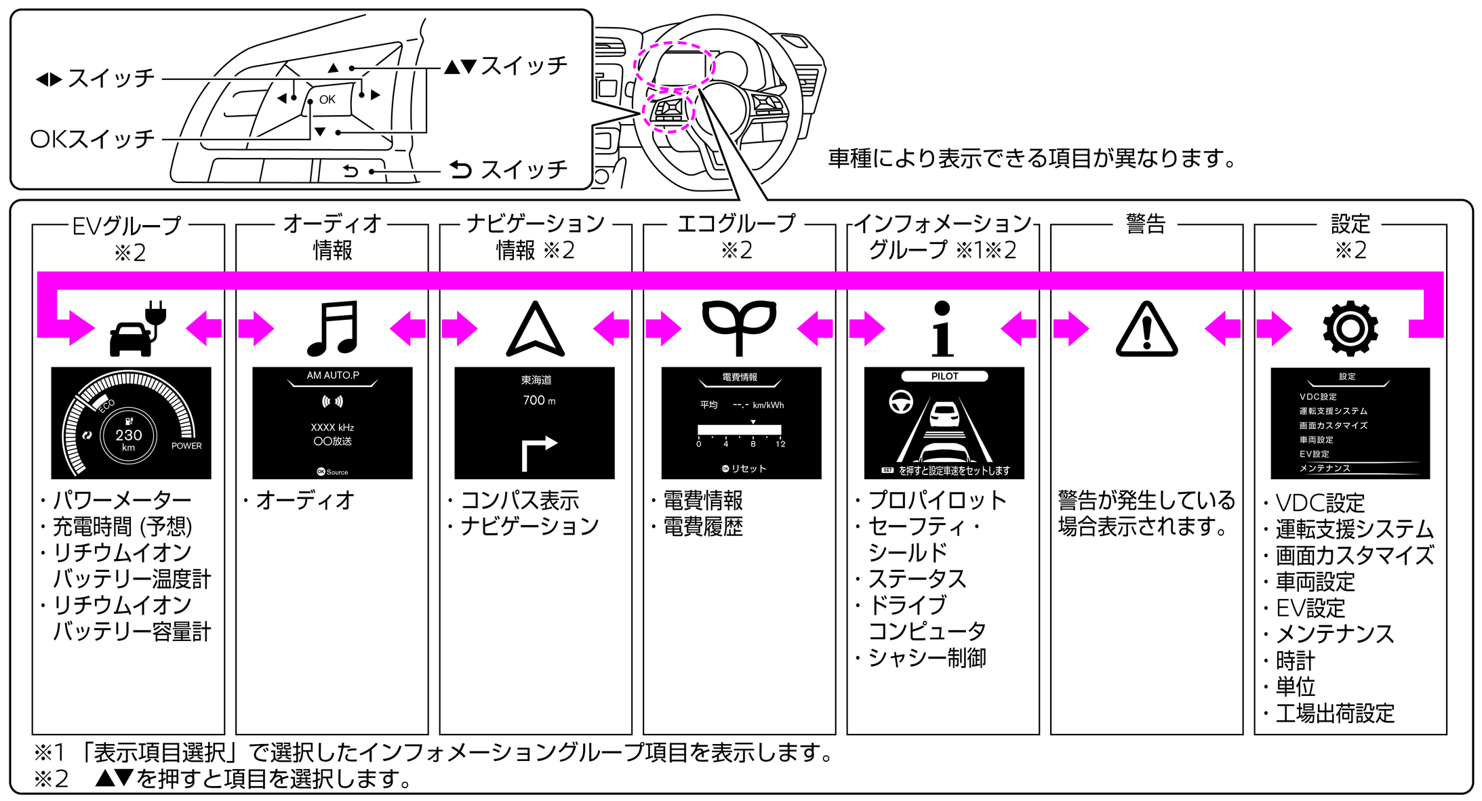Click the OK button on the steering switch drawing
pyautogui.click(x=327, y=100)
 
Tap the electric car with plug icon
pyautogui.click(x=136, y=329)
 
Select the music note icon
pyautogui.click(x=332, y=329)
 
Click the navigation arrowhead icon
pyautogui.click(x=535, y=330)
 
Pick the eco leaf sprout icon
pyautogui.click(x=738, y=327)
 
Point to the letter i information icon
pyautogui.click(x=942, y=329)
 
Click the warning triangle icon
pyautogui.click(x=1146, y=330)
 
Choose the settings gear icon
pyautogui.click(x=1350, y=329)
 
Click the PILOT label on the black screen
pyautogui.click(x=944, y=376)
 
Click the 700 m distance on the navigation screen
pyautogui.click(x=539, y=400)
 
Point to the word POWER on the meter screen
pyautogui.click(x=186, y=446)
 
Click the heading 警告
pyautogui.click(x=1146, y=224)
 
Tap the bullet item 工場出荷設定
pyautogui.click(x=1334, y=713)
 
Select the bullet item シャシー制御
pyautogui.click(x=927, y=657)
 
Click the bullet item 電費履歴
pyautogui.click(x=702, y=527)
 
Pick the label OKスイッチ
pyautogui.click(x=93, y=139)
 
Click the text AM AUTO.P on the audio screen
pyautogui.click(x=333, y=375)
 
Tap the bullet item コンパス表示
pyautogui.click(x=519, y=500)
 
